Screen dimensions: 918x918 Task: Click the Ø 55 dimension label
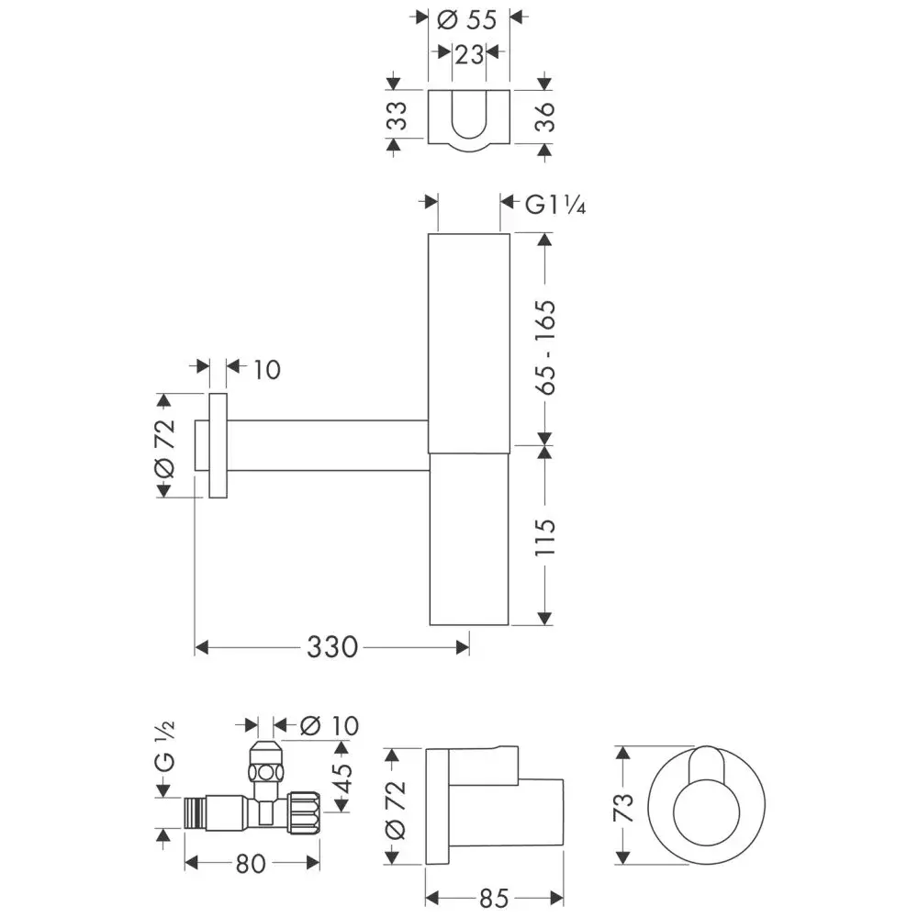466,20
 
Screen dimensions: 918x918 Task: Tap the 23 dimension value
469,55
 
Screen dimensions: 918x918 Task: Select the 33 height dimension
397,116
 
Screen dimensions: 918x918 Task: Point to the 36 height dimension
544,117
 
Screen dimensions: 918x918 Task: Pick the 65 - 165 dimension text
544,347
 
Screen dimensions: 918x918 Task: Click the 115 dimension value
544,537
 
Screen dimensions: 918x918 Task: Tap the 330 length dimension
332,647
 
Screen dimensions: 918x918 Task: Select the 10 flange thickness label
267,370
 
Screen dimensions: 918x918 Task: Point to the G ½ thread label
164,745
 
